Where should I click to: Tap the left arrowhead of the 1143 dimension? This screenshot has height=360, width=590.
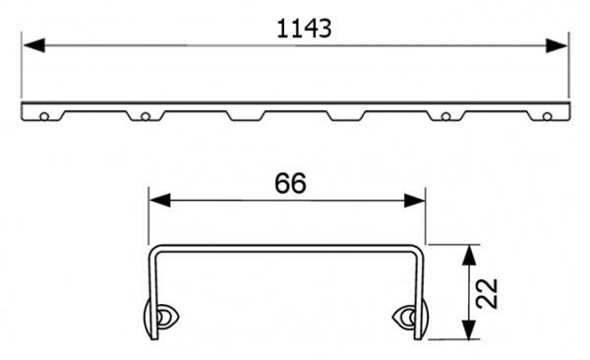coord(30,45)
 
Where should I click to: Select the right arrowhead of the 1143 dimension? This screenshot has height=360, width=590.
coord(560,45)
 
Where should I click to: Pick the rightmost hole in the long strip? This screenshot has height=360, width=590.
coord(546,117)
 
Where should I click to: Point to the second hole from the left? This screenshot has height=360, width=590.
coord(146,117)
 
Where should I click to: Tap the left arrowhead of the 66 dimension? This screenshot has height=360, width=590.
coord(156,201)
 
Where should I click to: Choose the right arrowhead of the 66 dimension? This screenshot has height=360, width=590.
coord(417,201)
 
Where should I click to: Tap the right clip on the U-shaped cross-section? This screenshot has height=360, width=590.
coord(407,317)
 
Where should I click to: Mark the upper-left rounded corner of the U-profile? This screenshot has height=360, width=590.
coord(152,247)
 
